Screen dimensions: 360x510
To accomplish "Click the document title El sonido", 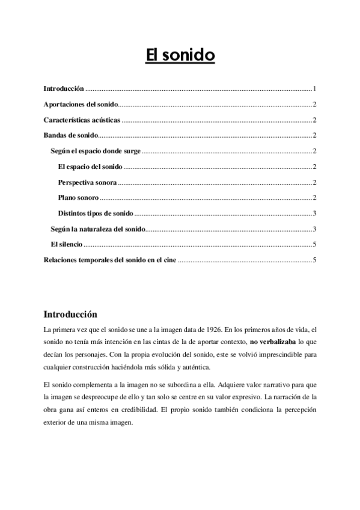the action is tap(180, 56).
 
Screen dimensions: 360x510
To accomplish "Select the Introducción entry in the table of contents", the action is tap(64, 88).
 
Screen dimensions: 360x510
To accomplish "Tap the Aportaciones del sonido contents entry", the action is tap(81, 103).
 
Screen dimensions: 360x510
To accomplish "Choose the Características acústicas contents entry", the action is tap(82, 119).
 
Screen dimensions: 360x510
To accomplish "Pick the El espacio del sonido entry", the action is tap(90, 166).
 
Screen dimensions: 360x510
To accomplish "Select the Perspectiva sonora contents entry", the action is tap(87, 182).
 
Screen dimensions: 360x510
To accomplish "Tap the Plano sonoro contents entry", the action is tap(78, 197).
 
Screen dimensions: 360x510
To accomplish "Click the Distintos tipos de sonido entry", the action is tap(96, 213).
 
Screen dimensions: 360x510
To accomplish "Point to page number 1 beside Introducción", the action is tap(314, 88).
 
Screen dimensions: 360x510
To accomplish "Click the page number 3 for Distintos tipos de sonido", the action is tap(314, 213).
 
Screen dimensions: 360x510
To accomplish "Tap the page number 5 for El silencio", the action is tap(314, 244).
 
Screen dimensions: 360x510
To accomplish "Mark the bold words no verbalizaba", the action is tap(269, 342).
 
